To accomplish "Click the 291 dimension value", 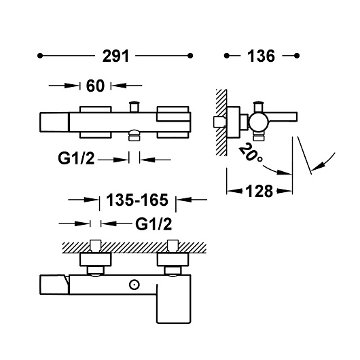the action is [115, 56].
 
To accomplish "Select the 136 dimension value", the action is [261, 56].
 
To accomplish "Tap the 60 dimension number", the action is [95, 86].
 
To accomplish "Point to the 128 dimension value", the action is [259, 192].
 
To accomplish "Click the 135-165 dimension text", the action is [137, 200].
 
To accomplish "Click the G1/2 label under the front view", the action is [76, 158].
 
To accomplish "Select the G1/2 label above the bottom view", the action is [154, 224].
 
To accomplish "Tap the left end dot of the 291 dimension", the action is [40, 56].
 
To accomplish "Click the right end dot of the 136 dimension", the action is [297, 56].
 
